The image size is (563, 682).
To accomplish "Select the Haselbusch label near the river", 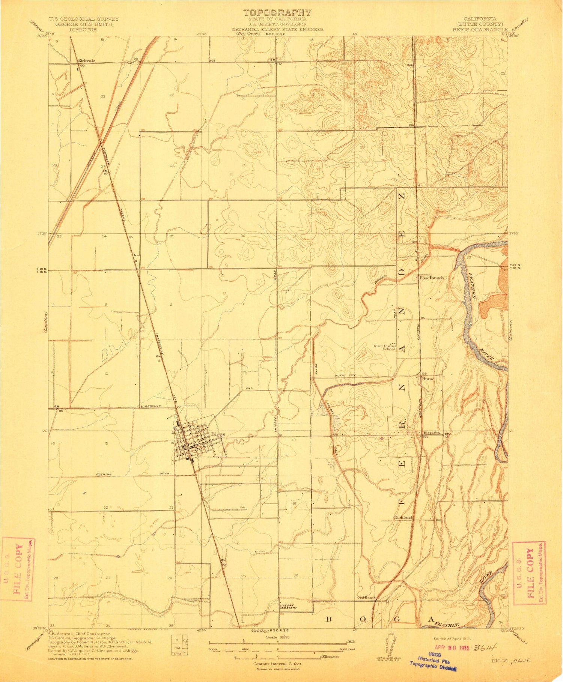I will click(431, 278).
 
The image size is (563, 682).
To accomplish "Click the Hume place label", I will click(428, 379).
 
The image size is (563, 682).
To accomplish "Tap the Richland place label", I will click(403, 518).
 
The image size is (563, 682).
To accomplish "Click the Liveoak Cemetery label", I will click(288, 607).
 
